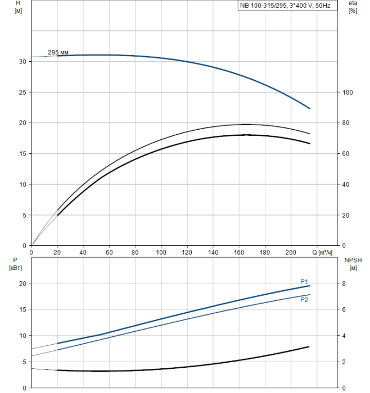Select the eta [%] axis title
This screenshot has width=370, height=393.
tap(353, 6)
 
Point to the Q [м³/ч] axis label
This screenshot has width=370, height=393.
tap(322, 253)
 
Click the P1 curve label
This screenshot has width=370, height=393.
tap(304, 282)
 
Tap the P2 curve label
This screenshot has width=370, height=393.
tap(304, 300)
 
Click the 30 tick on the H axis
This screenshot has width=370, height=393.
tap(21, 61)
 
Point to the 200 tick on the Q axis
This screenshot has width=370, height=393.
tap(291, 253)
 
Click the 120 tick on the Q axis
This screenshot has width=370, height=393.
tap(187, 253)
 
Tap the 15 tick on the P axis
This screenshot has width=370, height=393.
tap(21, 310)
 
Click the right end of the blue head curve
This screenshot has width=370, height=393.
tap(310, 108)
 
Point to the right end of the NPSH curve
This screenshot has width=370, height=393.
tap(309, 347)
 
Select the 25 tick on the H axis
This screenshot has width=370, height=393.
tap(21, 92)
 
